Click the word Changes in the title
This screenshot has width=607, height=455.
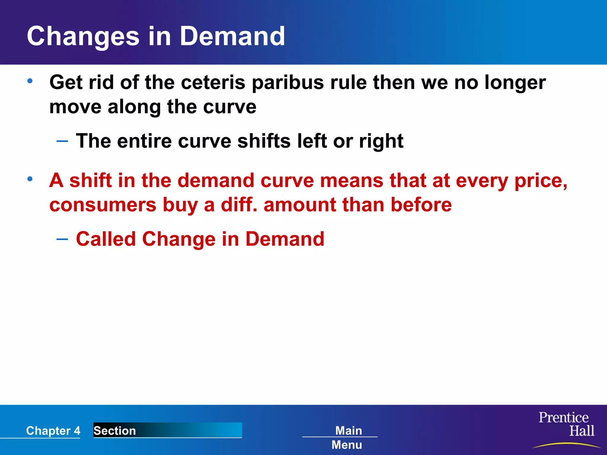pos(83,37)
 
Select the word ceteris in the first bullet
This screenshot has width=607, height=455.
pos(213,82)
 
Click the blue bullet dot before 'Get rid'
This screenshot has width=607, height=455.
pos(30,81)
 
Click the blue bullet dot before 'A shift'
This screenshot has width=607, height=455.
pos(30,179)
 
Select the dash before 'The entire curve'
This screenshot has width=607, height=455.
pos(62,141)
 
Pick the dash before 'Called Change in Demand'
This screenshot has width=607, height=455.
pos(62,239)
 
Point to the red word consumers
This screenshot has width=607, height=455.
pos(103,205)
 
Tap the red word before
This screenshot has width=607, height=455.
pos(421,205)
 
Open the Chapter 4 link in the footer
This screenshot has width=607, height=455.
pos(53,431)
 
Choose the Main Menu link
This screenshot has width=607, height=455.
pos(347,438)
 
